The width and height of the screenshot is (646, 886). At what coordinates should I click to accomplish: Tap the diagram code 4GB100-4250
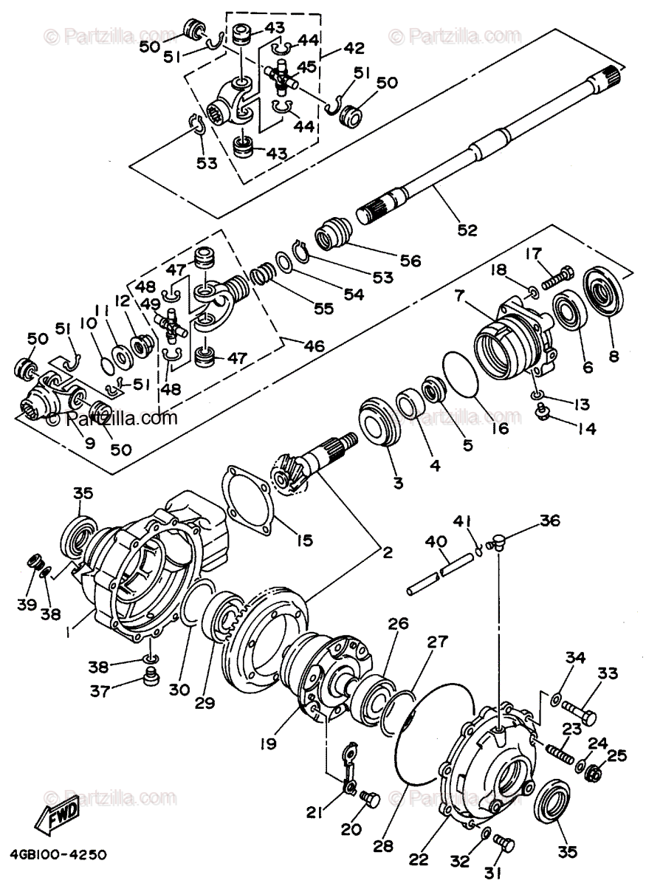tap(58, 854)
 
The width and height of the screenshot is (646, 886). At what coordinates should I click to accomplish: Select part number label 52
tap(467, 230)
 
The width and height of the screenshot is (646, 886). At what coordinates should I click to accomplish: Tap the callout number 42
tap(354, 49)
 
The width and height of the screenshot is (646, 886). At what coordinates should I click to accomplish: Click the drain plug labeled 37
tap(151, 676)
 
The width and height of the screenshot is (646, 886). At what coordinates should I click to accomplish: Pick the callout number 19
tap(268, 744)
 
